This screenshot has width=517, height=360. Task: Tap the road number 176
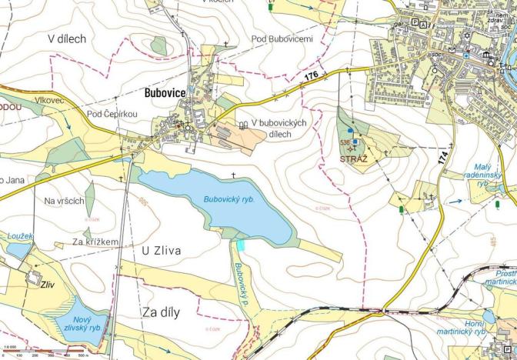click(x=311, y=75)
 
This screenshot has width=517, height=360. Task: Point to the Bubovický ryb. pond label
click(x=228, y=199)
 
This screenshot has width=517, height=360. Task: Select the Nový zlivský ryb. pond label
click(x=83, y=324)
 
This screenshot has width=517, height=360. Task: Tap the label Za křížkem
click(x=95, y=242)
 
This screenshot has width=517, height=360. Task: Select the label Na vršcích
click(x=64, y=201)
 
